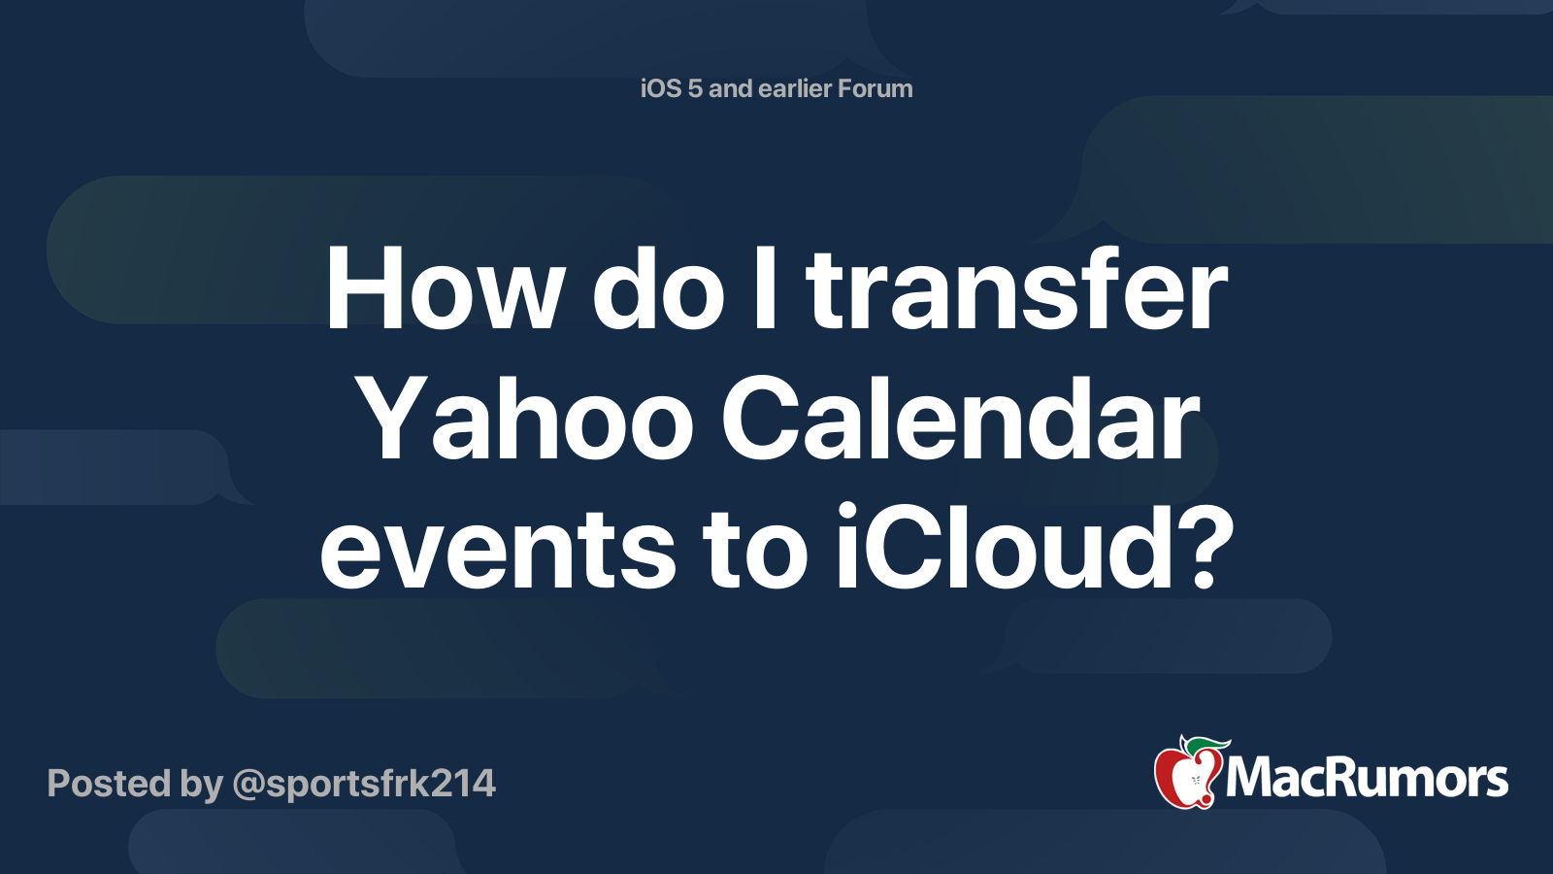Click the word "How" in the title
point(443,287)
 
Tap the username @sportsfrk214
point(364,785)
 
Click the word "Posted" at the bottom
point(108,783)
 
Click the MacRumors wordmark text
point(1367,779)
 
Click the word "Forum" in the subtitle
point(875,88)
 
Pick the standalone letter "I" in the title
point(765,287)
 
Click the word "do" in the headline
point(658,287)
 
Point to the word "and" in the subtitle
point(730,88)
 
